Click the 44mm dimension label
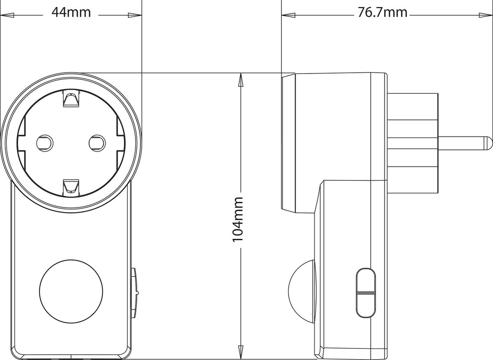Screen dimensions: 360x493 click(71, 12)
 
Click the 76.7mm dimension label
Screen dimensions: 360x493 click(382, 12)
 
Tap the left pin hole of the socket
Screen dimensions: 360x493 click(44, 143)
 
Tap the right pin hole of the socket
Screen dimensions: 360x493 click(97, 143)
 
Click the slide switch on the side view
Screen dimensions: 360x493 click(366, 292)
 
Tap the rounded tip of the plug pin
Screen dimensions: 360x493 click(488, 143)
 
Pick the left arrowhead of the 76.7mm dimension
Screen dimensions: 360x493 click(288, 15)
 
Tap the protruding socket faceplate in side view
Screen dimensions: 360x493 click(289, 143)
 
